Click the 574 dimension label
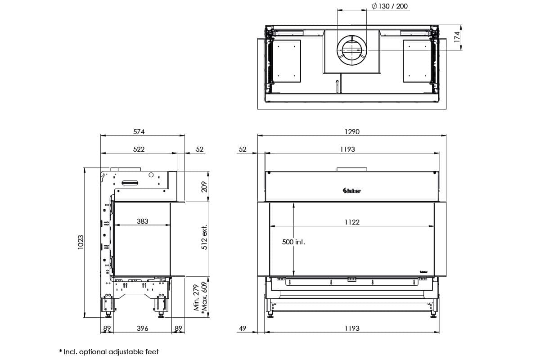coord(139,132)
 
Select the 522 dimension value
coord(139,149)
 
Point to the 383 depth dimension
coord(142,221)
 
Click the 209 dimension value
coord(205,186)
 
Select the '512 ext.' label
coord(205,237)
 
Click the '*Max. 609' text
coord(205,297)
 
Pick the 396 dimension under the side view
coord(142,328)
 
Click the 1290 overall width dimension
coord(352,132)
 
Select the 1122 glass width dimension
coord(352,222)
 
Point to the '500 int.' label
coord(293,242)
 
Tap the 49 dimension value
coord(243,328)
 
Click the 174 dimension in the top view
coord(457,37)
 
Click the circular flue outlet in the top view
coord(352,50)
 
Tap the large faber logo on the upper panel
coord(349,191)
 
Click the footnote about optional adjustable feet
coord(109,351)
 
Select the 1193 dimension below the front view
coord(352,328)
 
